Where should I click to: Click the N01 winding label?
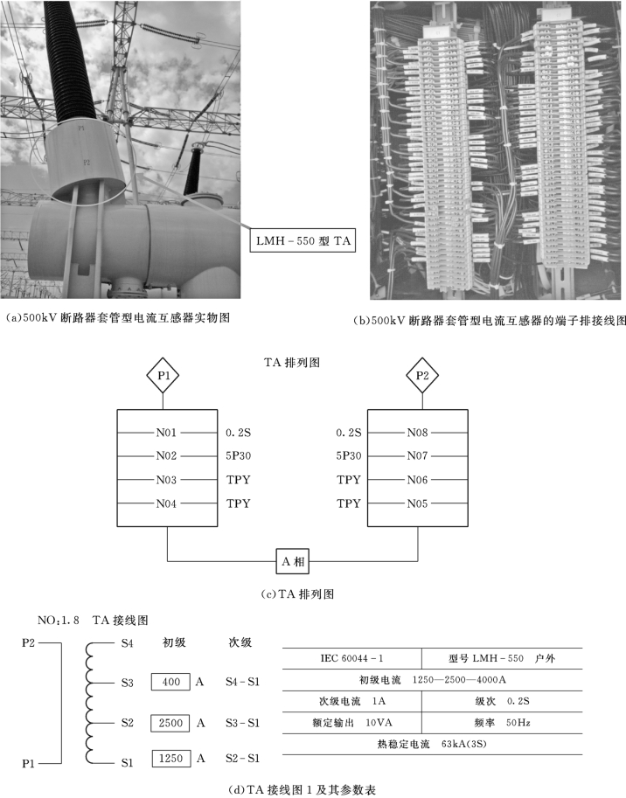point(167,432)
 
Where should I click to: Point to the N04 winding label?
point(167,503)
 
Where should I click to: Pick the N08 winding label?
point(419,432)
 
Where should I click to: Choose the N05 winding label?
point(419,503)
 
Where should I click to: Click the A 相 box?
point(294,560)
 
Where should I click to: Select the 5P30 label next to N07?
point(350,455)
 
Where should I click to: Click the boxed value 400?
point(170,681)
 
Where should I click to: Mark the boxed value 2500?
point(170,723)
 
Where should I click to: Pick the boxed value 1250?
point(170,758)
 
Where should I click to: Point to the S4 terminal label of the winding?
point(127,644)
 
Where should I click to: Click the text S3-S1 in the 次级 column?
point(242,723)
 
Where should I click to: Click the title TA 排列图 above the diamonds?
point(294,360)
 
